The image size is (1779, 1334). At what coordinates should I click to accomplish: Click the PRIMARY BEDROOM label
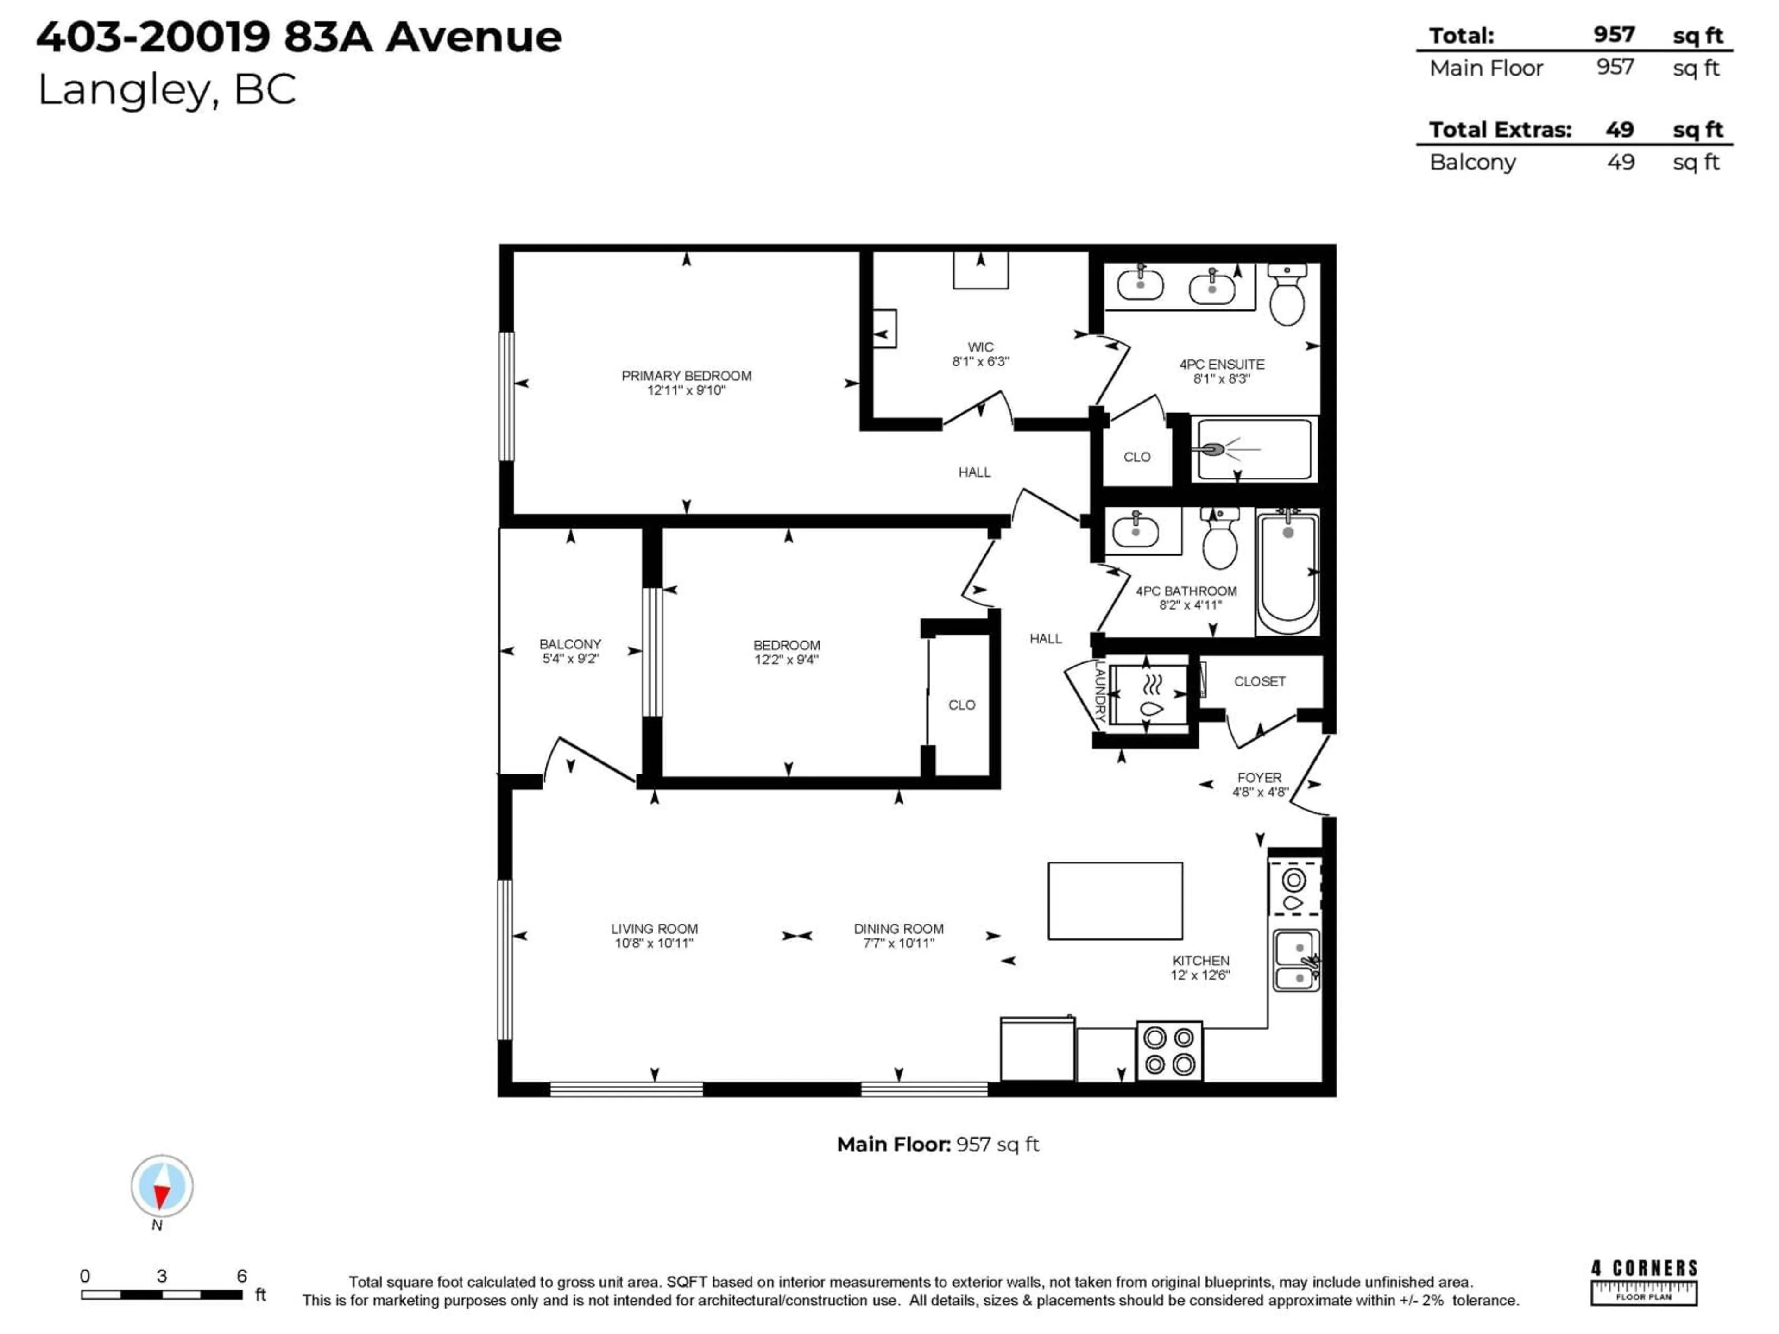pyautogui.click(x=686, y=376)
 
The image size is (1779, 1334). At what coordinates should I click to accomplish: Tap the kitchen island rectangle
pyautogui.click(x=1115, y=900)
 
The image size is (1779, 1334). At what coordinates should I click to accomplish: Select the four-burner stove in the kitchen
pyautogui.click(x=1168, y=1051)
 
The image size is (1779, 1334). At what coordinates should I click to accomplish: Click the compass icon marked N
pyautogui.click(x=162, y=1187)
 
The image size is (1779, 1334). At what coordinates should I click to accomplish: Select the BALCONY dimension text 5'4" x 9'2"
pyautogui.click(x=570, y=659)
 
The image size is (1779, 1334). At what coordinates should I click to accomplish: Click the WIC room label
pyautogui.click(x=980, y=347)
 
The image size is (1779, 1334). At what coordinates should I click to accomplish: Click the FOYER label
pyautogui.click(x=1260, y=778)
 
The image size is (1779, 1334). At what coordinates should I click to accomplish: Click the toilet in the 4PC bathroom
pyautogui.click(x=1220, y=541)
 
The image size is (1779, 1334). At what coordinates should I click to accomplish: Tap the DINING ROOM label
pyautogui.click(x=898, y=929)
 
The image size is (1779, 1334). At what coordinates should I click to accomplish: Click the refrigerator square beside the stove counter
pyautogui.click(x=1037, y=1049)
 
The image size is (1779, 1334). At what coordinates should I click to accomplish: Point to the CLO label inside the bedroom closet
pyautogui.click(x=961, y=705)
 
